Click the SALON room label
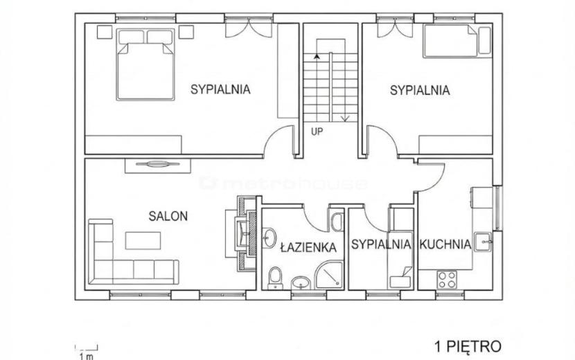[168, 216]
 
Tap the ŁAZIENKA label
[308, 247]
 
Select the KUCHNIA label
[445, 244]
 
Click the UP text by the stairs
[317, 132]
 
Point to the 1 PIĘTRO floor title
[468, 346]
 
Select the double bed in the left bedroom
[145, 64]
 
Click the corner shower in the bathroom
[329, 275]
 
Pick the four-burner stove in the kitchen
[447, 280]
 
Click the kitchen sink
[483, 242]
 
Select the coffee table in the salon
[143, 240]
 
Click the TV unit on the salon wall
[158, 165]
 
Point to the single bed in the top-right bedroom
[457, 41]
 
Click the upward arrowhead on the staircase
[317, 57]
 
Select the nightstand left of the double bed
[105, 32]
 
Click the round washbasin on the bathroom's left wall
[269, 238]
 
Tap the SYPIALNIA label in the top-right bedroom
[420, 90]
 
